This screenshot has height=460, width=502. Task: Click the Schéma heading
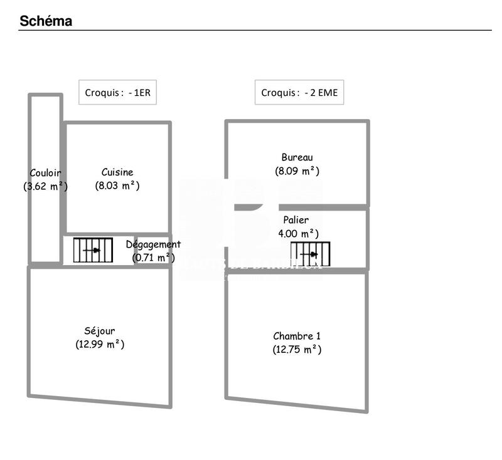[46, 21]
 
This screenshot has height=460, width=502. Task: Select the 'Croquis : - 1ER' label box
[117, 92]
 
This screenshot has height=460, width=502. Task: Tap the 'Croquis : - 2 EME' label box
[299, 92]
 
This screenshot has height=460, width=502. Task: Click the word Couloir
[45, 173]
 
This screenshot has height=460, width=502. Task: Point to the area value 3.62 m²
[45, 186]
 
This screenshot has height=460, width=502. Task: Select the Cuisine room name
[117, 172]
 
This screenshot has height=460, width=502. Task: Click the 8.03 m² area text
[117, 186]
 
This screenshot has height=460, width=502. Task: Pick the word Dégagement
[153, 244]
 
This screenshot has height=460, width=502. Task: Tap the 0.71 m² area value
[153, 258]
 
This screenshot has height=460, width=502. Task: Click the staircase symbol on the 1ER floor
[93, 250]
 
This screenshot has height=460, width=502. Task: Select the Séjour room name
[100, 331]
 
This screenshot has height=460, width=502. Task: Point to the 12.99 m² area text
[100, 344]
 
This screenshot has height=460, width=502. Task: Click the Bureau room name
[297, 157]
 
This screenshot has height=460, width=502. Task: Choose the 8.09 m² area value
[297, 170]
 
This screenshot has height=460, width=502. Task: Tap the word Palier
[296, 220]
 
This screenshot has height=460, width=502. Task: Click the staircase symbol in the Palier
[311, 254]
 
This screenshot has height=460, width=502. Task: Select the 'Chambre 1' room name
[297, 336]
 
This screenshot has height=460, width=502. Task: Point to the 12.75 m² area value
[297, 350]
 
